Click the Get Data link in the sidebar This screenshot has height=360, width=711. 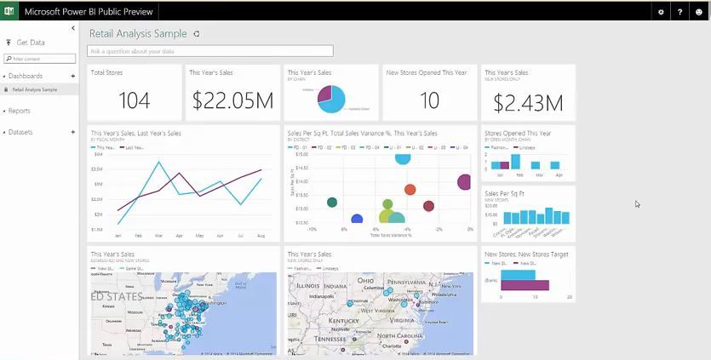(x=30, y=43)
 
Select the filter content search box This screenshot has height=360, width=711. (x=40, y=59)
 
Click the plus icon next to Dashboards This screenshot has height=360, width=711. (x=73, y=77)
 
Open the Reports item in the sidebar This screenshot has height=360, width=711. (x=19, y=111)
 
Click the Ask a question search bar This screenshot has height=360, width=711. (x=210, y=52)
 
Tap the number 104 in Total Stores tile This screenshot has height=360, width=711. (x=134, y=101)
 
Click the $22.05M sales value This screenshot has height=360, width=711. (x=232, y=101)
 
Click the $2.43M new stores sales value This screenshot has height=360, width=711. (x=528, y=103)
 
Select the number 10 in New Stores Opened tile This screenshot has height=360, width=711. (x=429, y=101)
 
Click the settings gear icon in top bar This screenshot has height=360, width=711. (x=661, y=12)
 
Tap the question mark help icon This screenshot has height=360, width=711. (x=679, y=12)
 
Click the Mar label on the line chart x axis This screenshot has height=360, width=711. (x=158, y=236)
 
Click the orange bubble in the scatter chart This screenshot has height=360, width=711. (x=410, y=190)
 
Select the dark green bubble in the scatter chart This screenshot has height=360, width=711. (x=332, y=202)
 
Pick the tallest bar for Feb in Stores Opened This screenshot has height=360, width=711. (x=519, y=162)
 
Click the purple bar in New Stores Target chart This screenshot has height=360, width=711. (x=525, y=284)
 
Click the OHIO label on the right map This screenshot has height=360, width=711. (x=365, y=281)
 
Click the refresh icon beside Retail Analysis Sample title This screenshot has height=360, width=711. (x=197, y=34)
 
